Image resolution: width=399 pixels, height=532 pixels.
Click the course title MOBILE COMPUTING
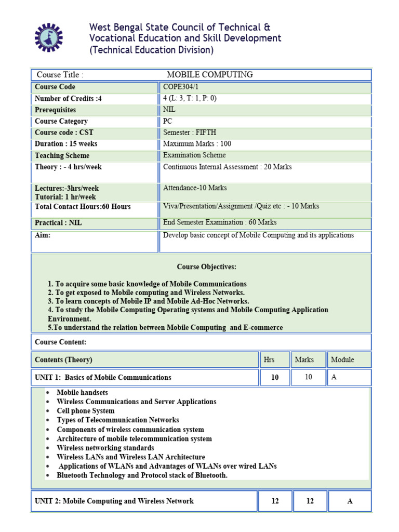(x=209, y=75)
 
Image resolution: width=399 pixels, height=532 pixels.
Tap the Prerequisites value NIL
(x=169, y=110)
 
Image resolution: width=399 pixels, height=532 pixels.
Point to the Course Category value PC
(x=167, y=121)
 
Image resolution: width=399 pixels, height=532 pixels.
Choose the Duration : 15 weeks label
(x=66, y=144)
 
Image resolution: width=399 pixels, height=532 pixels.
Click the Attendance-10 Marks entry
(x=195, y=188)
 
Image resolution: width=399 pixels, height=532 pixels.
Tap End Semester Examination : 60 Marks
(x=220, y=222)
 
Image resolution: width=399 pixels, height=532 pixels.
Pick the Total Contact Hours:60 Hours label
(x=83, y=207)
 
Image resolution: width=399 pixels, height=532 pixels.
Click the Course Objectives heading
(x=206, y=267)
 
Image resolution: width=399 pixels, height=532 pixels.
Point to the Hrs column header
(x=269, y=360)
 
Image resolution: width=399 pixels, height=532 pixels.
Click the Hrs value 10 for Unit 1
(x=275, y=378)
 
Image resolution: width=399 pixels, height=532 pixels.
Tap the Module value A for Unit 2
(x=350, y=501)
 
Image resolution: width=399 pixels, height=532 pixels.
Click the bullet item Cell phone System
(x=86, y=411)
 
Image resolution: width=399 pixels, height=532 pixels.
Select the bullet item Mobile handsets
(x=82, y=393)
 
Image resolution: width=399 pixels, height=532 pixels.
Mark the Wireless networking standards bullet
(x=105, y=448)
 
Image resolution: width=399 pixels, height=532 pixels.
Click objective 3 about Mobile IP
(x=149, y=301)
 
